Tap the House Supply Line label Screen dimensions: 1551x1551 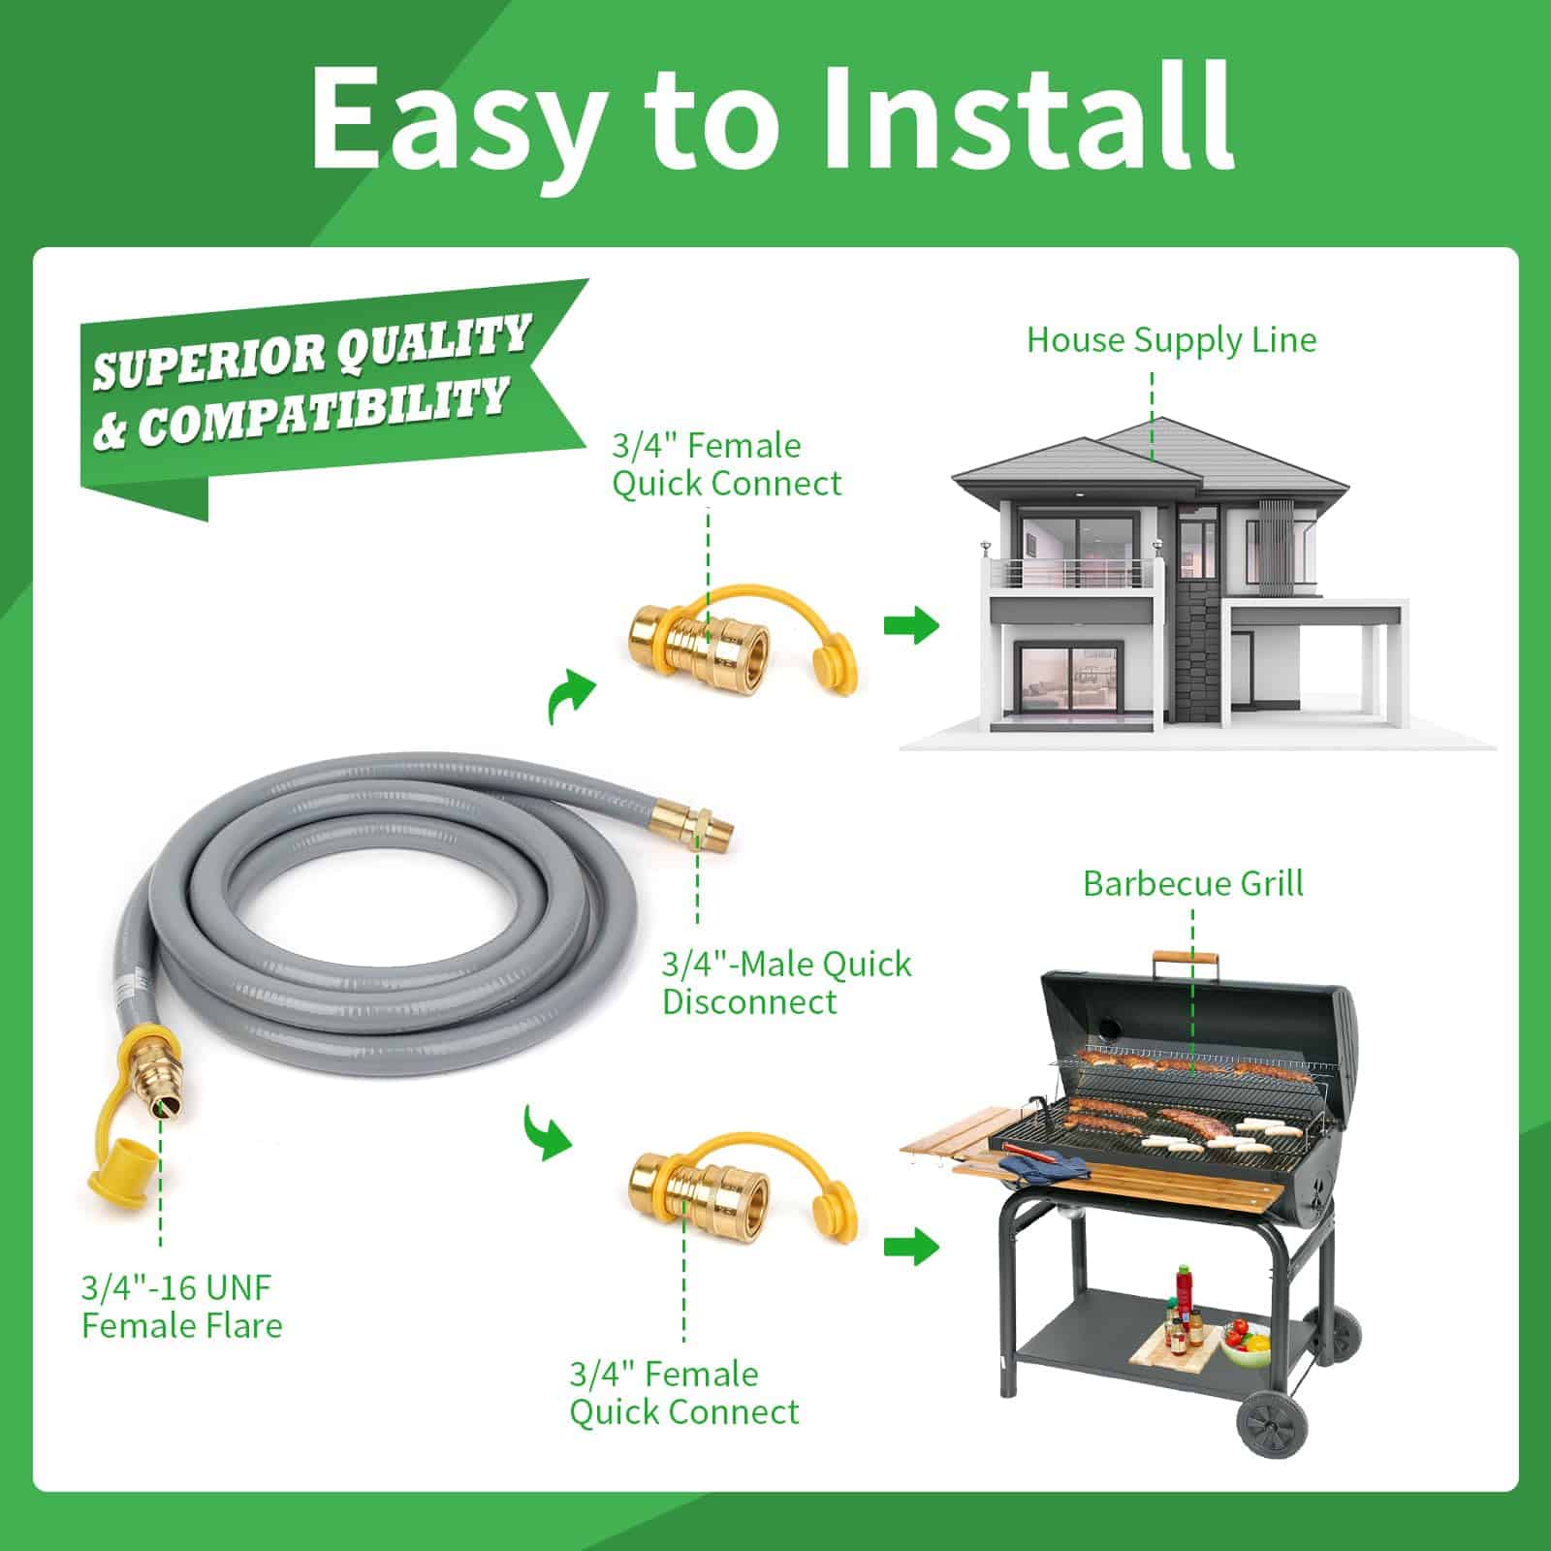pos(1171,340)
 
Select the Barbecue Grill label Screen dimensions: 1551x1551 pos(1192,884)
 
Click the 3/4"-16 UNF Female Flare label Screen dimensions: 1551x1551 pos(181,1307)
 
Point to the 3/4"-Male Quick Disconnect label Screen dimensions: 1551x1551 pos(786,982)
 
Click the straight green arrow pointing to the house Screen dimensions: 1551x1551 pos(911,625)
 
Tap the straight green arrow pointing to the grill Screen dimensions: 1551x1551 pos(911,1247)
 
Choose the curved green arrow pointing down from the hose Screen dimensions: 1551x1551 pos(547,1130)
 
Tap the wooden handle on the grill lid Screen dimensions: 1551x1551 pos(1184,960)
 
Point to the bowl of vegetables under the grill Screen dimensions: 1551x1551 pos(1247,1341)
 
